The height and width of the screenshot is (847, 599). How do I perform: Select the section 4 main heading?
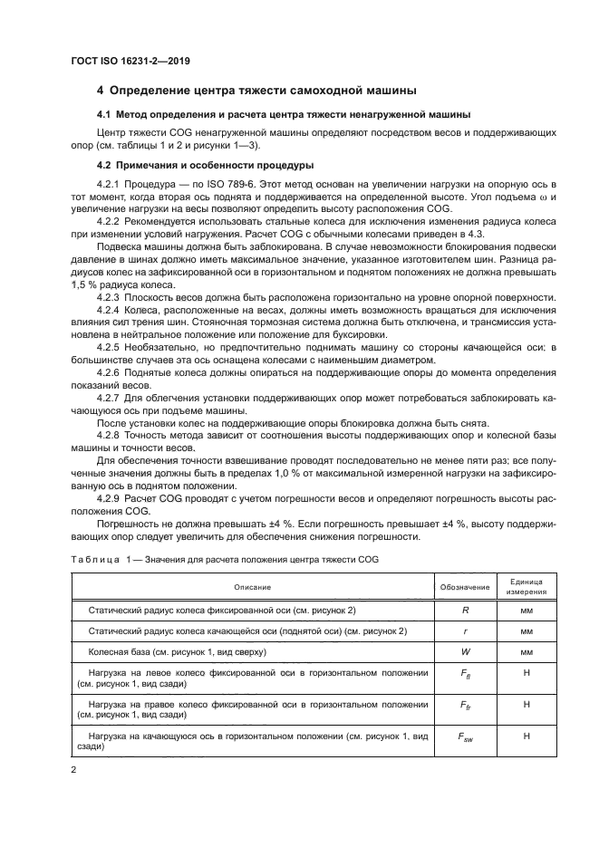(x=256, y=91)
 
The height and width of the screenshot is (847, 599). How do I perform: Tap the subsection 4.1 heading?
(x=284, y=115)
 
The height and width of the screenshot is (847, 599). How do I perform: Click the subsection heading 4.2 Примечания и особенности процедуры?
(x=205, y=165)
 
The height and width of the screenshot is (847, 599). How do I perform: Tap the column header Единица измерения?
(x=526, y=586)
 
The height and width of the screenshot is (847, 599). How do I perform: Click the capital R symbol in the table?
(x=464, y=611)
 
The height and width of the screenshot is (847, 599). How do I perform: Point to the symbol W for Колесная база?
(x=464, y=651)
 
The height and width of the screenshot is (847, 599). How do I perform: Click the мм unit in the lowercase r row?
(x=526, y=630)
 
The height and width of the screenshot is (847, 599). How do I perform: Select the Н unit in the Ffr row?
(x=526, y=704)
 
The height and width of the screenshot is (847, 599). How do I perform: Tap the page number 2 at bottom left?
(x=74, y=768)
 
